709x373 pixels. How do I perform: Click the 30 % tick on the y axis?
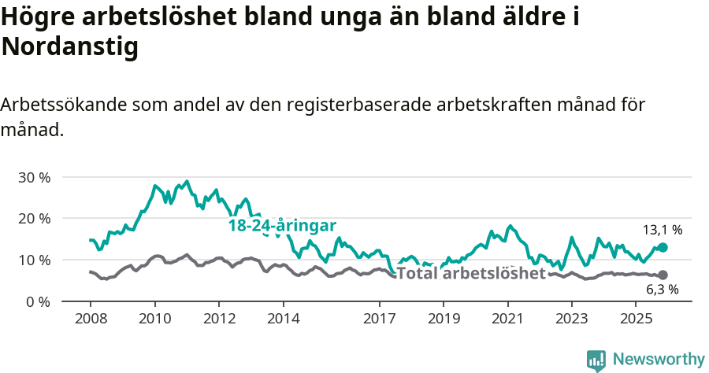[x=33, y=177]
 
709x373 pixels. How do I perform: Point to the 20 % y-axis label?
[x=33, y=218]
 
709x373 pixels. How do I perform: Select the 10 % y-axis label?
[x=33, y=260]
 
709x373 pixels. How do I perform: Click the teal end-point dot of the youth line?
[x=663, y=247]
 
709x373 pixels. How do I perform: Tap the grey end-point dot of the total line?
[x=663, y=275]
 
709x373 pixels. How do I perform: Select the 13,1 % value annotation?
[x=663, y=230]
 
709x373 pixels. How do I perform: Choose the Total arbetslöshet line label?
[x=471, y=274]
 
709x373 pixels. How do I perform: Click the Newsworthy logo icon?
[x=596, y=360]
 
